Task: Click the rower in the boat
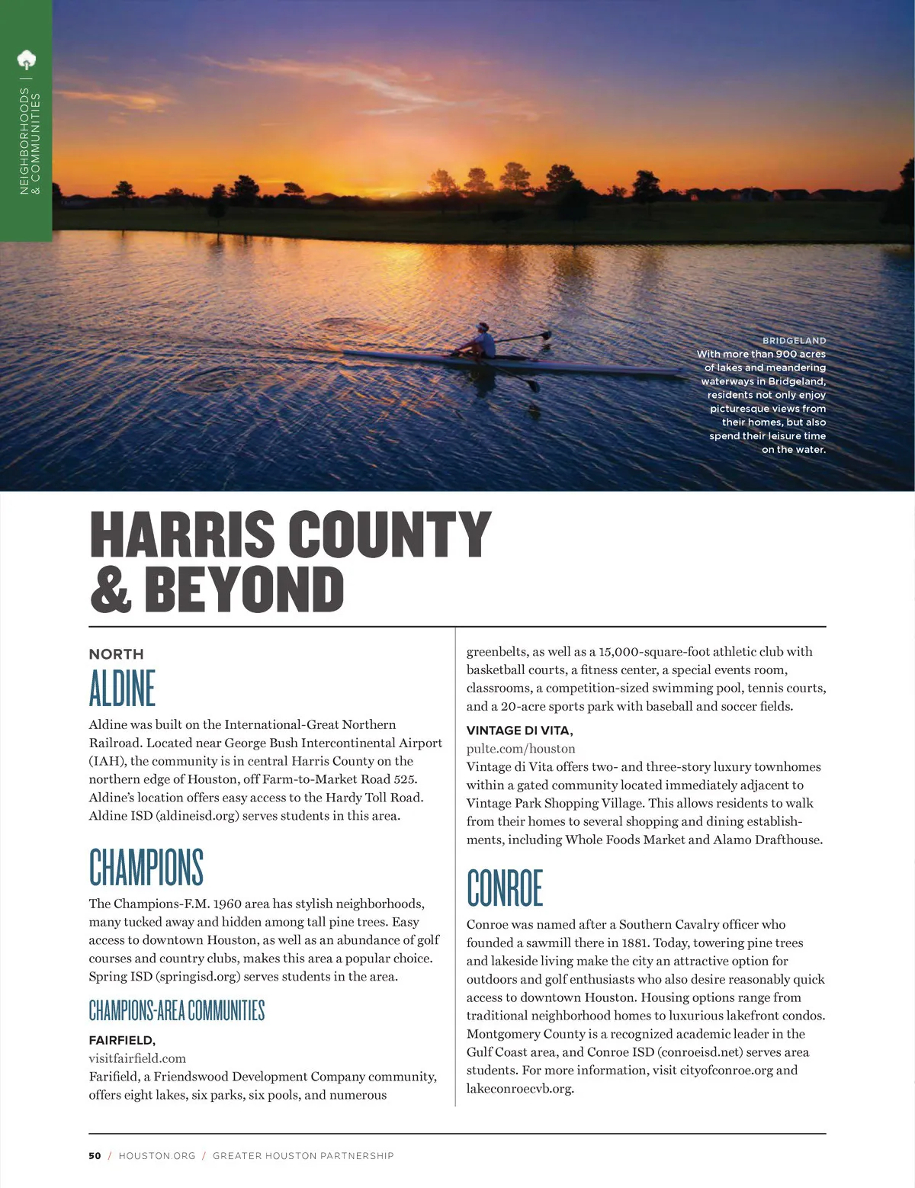point(482,341)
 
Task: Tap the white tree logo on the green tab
point(27,59)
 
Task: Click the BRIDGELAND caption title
point(794,340)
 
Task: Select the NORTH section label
point(116,654)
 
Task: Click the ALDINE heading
point(122,688)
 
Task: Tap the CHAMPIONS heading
point(146,867)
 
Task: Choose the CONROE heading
point(505,888)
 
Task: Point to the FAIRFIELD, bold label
point(122,1040)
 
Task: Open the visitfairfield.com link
point(137,1058)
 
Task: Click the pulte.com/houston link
point(521,749)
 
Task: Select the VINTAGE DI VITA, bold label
point(519,730)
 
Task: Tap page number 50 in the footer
point(95,1156)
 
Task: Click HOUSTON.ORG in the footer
point(157,1156)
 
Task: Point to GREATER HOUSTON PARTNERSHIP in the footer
point(303,1156)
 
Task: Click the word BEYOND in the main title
point(244,589)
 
